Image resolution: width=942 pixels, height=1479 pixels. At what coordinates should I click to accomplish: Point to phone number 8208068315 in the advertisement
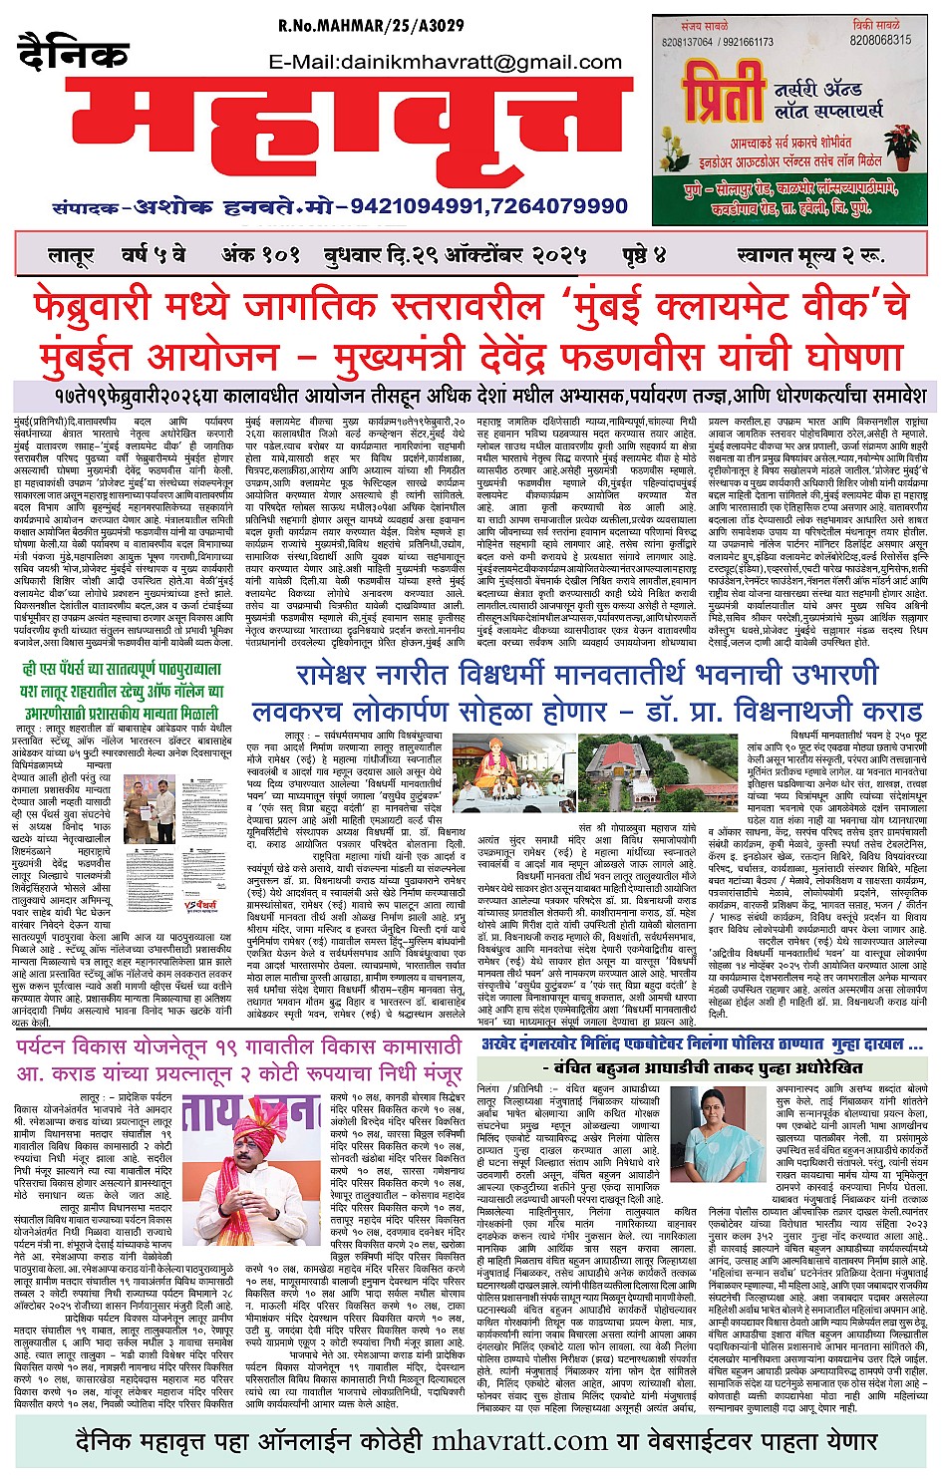(x=880, y=40)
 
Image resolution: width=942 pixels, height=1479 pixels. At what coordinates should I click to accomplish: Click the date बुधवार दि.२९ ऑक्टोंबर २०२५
(x=456, y=254)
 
